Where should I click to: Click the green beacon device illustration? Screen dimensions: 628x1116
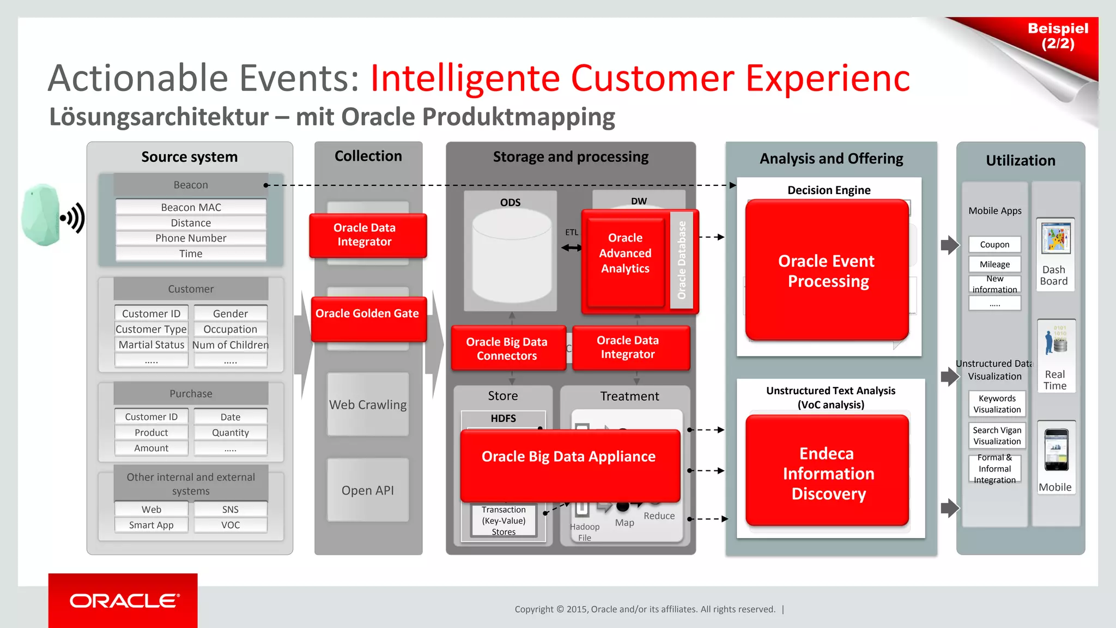coord(41,215)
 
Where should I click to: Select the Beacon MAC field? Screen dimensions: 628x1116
coord(191,207)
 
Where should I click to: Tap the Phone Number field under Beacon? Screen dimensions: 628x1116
coord(191,238)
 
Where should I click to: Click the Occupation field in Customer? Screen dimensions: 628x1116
coord(230,329)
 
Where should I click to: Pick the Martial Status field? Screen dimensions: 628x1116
coord(151,345)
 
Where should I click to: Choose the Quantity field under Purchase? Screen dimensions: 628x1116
coord(230,432)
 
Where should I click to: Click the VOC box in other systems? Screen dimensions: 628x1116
coord(230,525)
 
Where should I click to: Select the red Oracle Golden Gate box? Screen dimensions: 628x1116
coord(368,318)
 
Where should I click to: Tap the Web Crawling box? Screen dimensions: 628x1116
coord(368,404)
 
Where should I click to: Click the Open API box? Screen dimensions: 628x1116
coord(368,490)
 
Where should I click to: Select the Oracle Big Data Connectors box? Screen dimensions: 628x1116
coord(507,348)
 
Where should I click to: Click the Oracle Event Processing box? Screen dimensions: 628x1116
coord(827,270)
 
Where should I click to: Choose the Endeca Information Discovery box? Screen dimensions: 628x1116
coord(827,472)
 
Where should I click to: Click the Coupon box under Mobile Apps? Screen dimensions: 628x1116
coord(994,244)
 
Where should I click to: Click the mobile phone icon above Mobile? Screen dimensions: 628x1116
coord(1056,450)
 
